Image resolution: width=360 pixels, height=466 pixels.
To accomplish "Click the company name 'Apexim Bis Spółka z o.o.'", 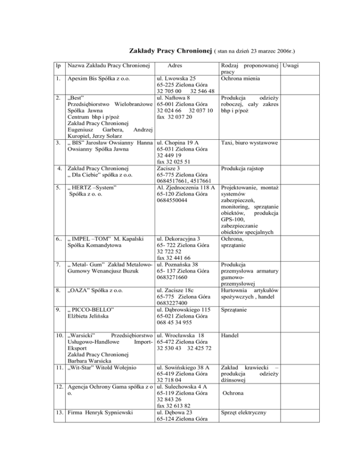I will point(104,78).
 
